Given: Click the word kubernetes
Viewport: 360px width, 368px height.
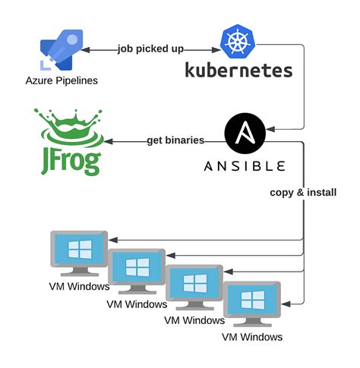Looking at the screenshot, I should click(x=238, y=71).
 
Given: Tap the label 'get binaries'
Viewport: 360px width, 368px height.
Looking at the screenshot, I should click(x=176, y=141).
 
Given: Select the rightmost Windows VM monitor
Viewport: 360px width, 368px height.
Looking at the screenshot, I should click(x=252, y=304).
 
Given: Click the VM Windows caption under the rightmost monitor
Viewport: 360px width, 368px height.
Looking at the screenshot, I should click(x=252, y=336).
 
